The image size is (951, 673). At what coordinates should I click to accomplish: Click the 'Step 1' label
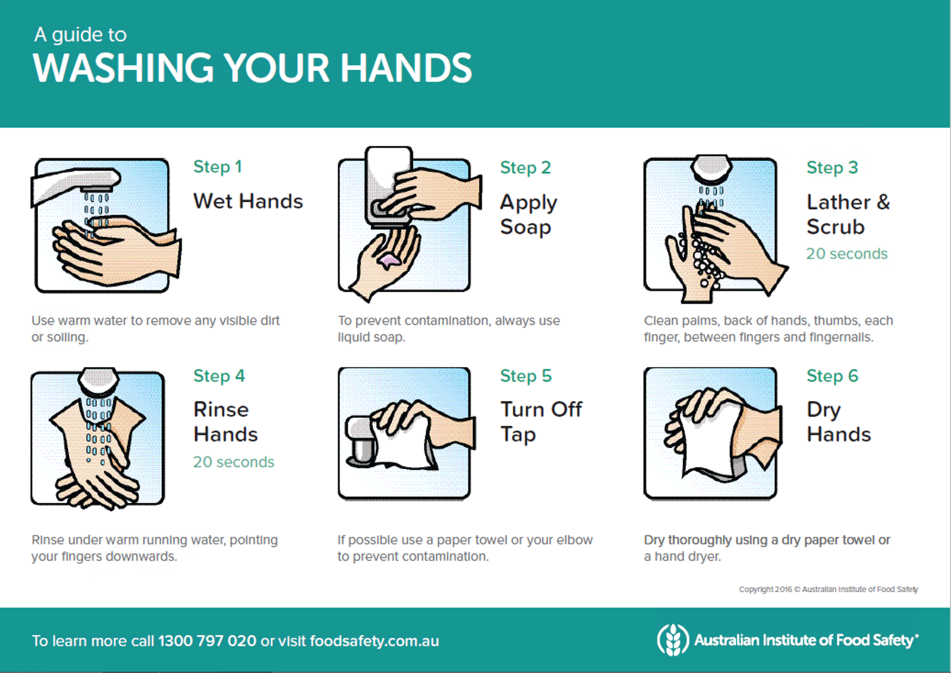click(218, 167)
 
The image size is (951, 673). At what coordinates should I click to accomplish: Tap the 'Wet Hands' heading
click(248, 201)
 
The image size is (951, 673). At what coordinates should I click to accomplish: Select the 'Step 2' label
click(526, 168)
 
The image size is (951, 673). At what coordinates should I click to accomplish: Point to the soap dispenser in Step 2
click(388, 186)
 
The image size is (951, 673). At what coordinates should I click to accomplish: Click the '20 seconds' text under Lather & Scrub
click(847, 253)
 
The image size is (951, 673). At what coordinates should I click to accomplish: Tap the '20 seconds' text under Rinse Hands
click(234, 462)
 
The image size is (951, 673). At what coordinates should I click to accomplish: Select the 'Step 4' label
click(219, 376)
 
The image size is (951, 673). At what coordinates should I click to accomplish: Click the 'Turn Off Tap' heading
click(541, 422)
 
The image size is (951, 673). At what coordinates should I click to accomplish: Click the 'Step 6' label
click(833, 376)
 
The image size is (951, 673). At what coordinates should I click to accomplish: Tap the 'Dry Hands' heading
click(839, 422)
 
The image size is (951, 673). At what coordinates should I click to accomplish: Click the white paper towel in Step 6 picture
click(709, 441)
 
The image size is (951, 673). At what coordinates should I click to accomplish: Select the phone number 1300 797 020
click(207, 641)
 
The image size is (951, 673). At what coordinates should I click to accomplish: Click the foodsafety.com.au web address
click(375, 641)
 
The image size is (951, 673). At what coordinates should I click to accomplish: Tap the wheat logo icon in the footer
click(673, 639)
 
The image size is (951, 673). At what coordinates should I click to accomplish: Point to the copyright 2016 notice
click(828, 589)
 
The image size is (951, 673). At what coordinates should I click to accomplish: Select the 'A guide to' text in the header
click(80, 35)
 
